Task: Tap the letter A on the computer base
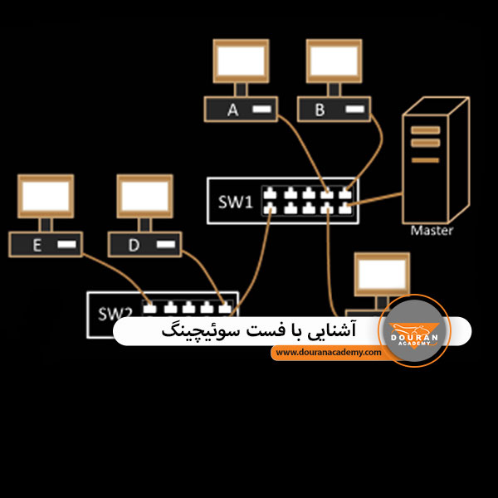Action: [232, 110]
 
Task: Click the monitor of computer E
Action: [46, 196]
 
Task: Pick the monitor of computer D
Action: [144, 196]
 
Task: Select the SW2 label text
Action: [115, 314]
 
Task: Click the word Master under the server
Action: [432, 230]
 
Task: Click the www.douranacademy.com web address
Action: [328, 352]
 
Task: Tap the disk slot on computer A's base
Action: [261, 110]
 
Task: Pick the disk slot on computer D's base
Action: [166, 244]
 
